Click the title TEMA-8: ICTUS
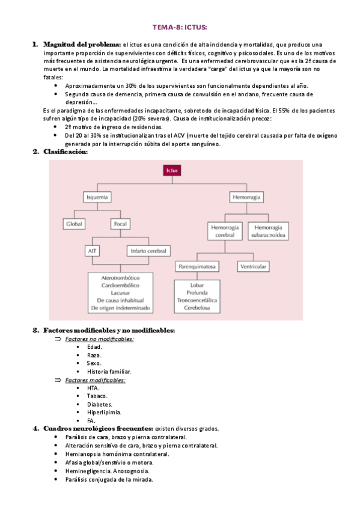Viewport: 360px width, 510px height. click(x=180, y=27)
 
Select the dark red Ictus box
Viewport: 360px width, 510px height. click(x=172, y=170)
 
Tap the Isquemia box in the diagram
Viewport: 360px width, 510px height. click(x=97, y=197)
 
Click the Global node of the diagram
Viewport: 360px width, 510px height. click(x=74, y=224)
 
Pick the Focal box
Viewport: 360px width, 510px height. click(x=120, y=224)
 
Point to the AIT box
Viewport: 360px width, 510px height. click(x=92, y=251)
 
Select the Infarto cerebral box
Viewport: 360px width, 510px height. click(x=148, y=251)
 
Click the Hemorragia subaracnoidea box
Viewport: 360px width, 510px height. click(x=268, y=232)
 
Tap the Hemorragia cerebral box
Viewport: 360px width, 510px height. click(x=225, y=232)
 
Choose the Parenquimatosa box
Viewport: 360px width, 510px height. click(x=197, y=266)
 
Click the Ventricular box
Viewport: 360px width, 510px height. click(x=253, y=266)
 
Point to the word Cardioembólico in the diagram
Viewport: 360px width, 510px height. click(x=120, y=285)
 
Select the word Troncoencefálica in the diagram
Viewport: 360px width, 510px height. click(x=197, y=300)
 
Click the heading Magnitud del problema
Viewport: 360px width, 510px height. click(x=82, y=45)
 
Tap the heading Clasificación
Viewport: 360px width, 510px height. click(x=66, y=152)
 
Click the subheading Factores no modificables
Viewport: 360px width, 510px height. click(x=99, y=339)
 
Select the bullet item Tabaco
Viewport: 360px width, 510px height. click(x=97, y=396)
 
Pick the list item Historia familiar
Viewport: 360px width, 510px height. click(x=109, y=372)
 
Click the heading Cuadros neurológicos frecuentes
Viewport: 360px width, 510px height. click(x=98, y=429)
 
